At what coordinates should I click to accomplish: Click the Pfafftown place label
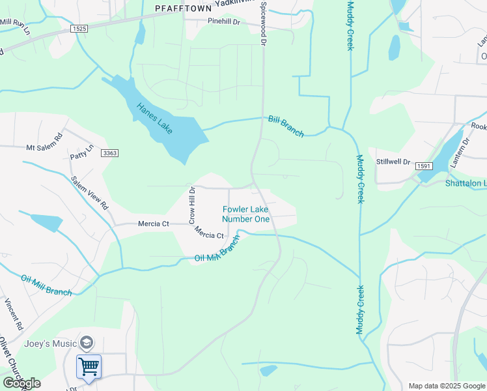tap(184, 8)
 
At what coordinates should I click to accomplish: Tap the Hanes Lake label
tap(154, 119)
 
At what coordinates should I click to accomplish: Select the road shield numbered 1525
tap(79, 29)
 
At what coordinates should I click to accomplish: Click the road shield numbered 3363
tap(110, 153)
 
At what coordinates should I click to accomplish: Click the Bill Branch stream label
tap(286, 126)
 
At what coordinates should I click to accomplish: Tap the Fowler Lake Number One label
tap(246, 214)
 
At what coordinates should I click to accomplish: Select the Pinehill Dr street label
tap(224, 22)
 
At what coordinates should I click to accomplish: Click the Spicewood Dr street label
tap(264, 23)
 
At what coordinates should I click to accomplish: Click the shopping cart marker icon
tap(89, 366)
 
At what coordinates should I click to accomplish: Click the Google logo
tap(21, 383)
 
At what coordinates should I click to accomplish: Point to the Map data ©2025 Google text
tap(446, 386)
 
